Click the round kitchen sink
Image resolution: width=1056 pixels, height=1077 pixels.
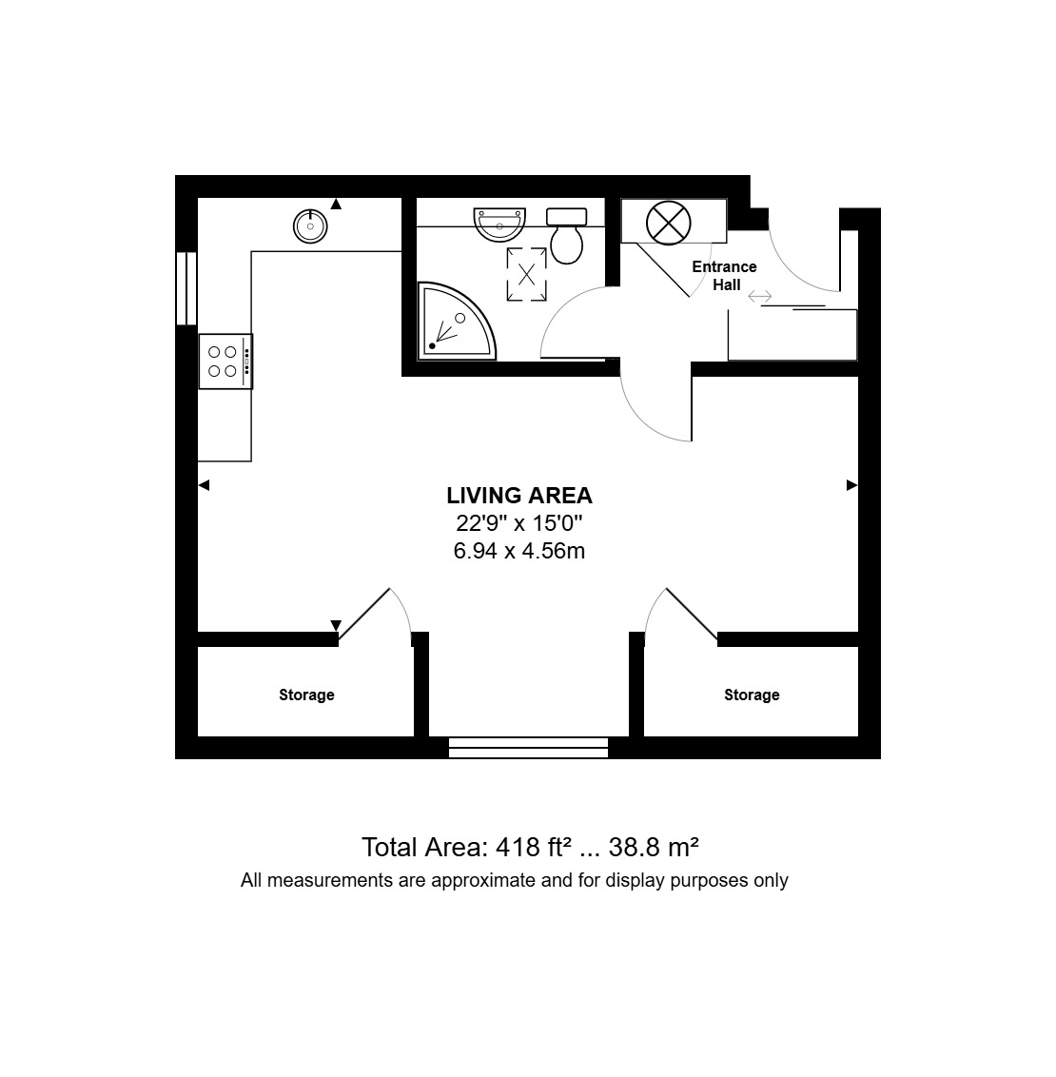coord(310,226)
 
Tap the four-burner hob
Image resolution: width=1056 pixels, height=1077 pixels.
coord(225,362)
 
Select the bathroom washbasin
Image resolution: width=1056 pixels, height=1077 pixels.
coord(499,225)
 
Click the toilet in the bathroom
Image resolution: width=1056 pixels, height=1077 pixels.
coord(566,236)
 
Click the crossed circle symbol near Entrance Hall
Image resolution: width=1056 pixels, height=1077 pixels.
coord(668,224)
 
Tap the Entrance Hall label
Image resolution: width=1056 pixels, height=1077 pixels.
coord(724,275)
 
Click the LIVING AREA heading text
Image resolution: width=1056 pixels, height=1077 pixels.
coord(519,496)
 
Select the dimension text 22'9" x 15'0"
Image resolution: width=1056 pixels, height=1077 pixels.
coord(519,523)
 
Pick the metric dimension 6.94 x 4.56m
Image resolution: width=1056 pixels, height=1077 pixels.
coord(519,551)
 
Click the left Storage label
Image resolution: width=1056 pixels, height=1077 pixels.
coord(306,695)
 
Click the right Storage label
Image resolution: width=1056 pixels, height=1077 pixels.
coord(752,695)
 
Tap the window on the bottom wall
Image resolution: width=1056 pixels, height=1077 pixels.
coord(529,747)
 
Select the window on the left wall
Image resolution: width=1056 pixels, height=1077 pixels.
coord(186,288)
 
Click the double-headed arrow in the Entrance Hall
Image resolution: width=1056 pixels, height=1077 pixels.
coord(759,297)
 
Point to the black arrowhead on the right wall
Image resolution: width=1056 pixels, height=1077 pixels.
coord(852,485)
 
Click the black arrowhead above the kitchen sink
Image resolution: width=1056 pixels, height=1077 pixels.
coord(336,204)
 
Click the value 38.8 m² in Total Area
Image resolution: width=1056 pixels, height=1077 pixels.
coord(654,847)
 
